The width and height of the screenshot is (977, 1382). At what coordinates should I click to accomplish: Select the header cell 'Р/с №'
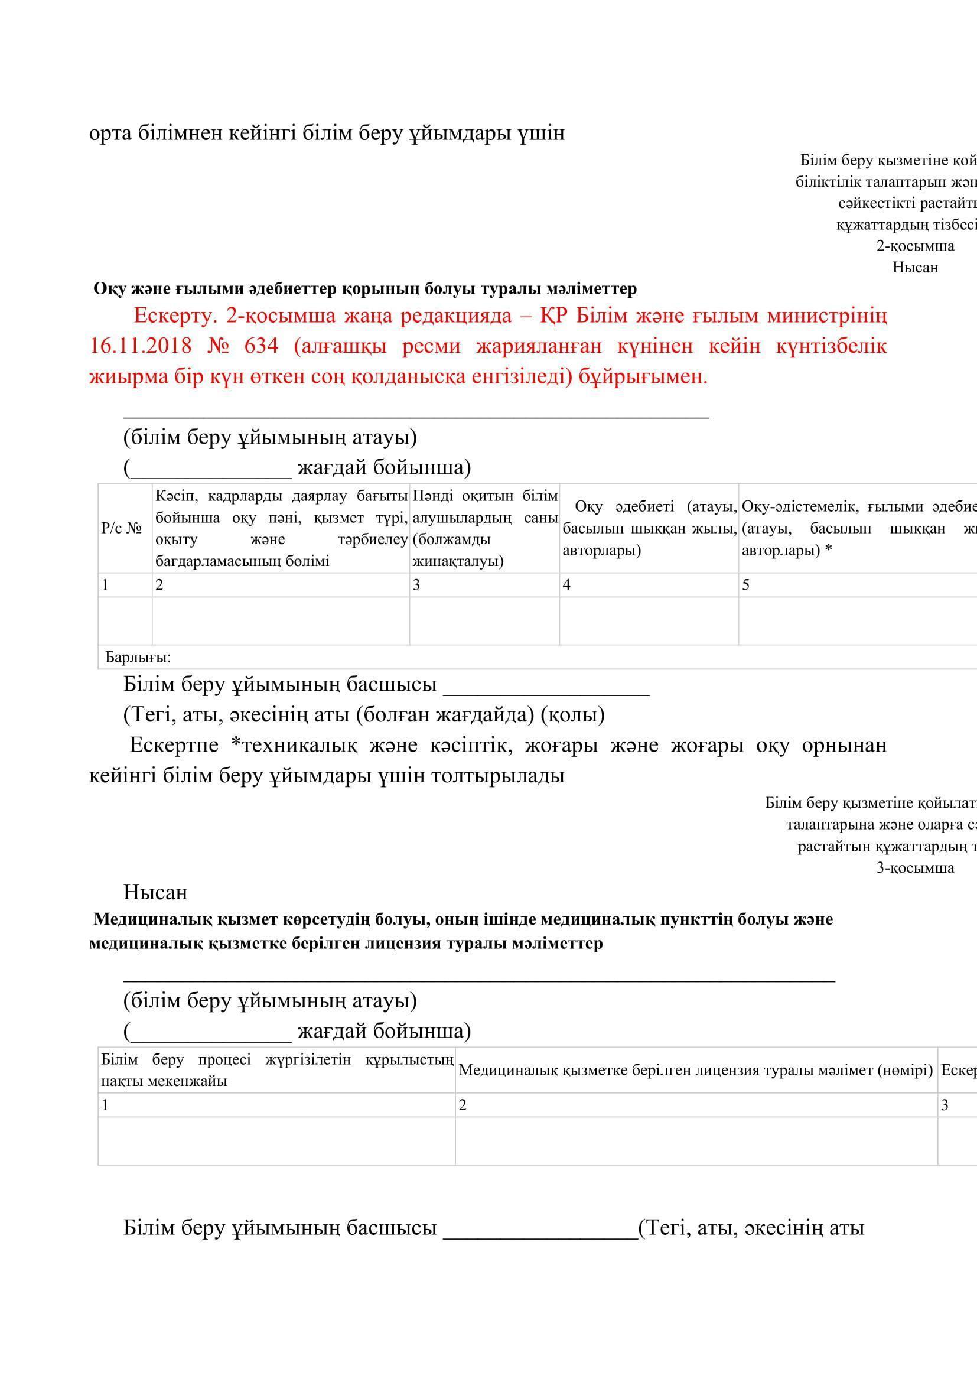pyautogui.click(x=122, y=528)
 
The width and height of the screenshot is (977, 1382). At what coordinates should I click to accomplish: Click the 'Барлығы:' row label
pyautogui.click(x=138, y=656)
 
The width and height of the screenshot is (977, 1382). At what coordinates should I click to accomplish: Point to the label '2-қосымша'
pyautogui.click(x=914, y=246)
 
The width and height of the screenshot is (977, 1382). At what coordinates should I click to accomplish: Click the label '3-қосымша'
pyautogui.click(x=914, y=867)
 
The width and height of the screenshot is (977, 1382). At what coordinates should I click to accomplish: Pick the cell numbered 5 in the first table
pyautogui.click(x=745, y=585)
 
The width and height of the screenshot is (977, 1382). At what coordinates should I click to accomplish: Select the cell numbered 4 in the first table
pyautogui.click(x=566, y=585)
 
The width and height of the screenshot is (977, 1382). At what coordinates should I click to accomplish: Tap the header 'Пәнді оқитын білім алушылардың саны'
pyautogui.click(x=484, y=528)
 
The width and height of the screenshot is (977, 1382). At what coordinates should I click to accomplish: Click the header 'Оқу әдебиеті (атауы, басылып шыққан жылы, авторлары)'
pyautogui.click(x=649, y=528)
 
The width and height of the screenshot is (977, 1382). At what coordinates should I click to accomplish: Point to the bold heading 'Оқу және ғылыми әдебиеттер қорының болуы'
pyautogui.click(x=364, y=289)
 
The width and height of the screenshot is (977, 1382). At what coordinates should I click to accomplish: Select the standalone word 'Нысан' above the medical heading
pyautogui.click(x=155, y=892)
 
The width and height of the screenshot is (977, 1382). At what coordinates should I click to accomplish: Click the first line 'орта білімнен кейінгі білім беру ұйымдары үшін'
pyautogui.click(x=327, y=133)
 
